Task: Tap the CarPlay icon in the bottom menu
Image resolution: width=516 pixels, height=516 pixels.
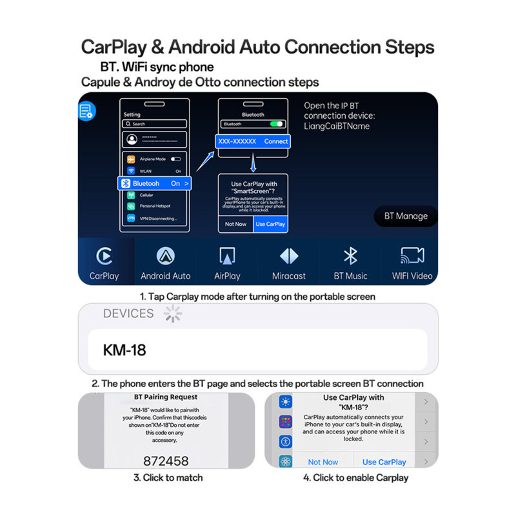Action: (104, 256)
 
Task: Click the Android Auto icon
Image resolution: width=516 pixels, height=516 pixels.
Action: (166, 256)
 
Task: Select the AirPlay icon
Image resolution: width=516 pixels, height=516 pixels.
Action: (227, 256)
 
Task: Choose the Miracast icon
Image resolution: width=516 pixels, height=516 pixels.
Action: (288, 256)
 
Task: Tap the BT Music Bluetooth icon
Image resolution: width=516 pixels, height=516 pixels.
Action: (350, 256)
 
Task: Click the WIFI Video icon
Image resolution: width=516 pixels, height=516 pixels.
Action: (412, 256)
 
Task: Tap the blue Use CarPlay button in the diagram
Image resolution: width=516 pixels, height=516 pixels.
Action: (270, 224)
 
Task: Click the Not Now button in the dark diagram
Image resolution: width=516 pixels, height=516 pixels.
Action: (235, 224)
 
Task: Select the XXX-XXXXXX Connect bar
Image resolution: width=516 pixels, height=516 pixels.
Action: (253, 141)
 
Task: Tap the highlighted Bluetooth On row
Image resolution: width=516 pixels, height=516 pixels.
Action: (155, 183)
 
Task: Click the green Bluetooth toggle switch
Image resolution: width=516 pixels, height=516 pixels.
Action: (277, 123)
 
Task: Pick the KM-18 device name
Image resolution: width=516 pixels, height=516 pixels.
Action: (124, 350)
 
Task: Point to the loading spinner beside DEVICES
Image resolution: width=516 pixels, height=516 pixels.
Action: (173, 314)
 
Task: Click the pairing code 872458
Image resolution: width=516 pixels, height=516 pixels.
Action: (166, 461)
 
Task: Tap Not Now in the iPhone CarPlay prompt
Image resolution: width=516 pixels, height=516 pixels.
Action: (322, 462)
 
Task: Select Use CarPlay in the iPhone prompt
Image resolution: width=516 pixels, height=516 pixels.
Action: (384, 462)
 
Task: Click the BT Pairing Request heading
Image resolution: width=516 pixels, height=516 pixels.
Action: (166, 397)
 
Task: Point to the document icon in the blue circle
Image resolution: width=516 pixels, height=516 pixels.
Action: (86, 111)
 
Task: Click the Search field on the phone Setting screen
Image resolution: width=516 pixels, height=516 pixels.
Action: (154, 124)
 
